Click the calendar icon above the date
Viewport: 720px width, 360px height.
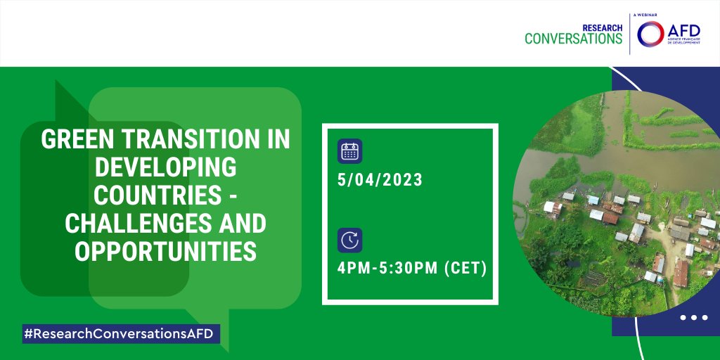[x=349, y=151]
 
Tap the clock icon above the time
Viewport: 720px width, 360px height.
[x=349, y=240]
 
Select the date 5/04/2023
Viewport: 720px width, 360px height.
[x=380, y=180]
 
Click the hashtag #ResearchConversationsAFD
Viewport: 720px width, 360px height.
[x=120, y=334]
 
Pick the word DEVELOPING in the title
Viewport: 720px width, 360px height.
[x=166, y=168]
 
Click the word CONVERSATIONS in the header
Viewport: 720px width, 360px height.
[x=574, y=39]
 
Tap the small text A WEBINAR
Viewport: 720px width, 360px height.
[x=649, y=13]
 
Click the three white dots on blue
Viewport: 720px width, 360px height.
[x=694, y=318]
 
